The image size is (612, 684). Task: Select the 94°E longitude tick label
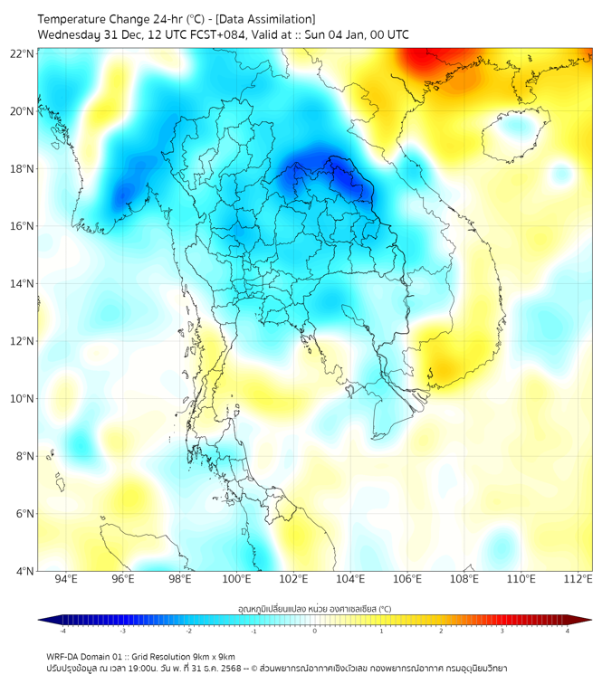pos(66,579)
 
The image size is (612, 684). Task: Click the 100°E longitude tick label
pos(236,579)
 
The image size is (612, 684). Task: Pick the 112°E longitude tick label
pos(578,579)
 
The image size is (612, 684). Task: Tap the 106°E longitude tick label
pos(407,579)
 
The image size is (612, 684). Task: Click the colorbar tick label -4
pos(62,631)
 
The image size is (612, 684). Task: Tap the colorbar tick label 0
pos(314,631)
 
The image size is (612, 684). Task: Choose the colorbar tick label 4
pos(567,631)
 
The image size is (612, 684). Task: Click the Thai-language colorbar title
pos(314,609)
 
